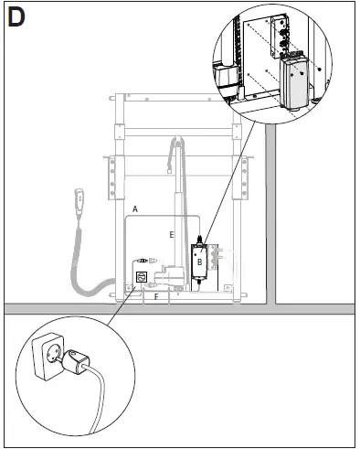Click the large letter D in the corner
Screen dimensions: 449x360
point(16,18)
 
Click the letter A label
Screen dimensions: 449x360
point(134,209)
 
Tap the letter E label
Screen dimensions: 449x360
point(171,234)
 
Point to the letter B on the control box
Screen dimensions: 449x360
point(198,261)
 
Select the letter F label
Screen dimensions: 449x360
point(156,296)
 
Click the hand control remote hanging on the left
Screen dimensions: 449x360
point(79,202)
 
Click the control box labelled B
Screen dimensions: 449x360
point(199,261)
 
